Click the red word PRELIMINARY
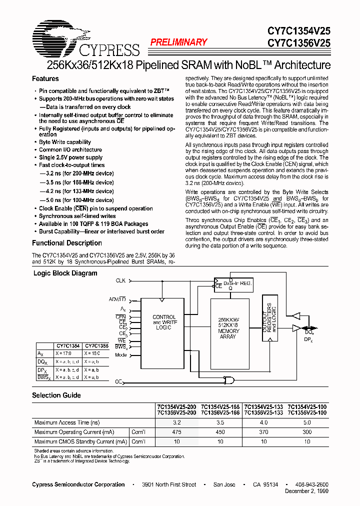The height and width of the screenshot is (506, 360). click(178, 42)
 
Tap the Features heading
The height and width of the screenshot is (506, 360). click(45, 78)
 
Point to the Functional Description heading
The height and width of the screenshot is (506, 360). click(67, 243)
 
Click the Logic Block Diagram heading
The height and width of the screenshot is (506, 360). click(65, 273)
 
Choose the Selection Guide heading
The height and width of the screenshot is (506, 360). click(56, 395)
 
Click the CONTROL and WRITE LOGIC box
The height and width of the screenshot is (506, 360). click(163, 322)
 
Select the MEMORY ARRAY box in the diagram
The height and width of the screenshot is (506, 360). click(229, 328)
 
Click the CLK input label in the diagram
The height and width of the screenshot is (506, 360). click(120, 281)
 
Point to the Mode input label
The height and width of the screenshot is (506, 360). click(120, 354)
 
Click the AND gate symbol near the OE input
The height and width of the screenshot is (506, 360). click(229, 381)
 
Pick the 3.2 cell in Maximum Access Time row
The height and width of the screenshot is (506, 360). click(176, 422)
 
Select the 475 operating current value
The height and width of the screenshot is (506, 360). click(176, 432)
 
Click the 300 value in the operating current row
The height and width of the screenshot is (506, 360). click(307, 432)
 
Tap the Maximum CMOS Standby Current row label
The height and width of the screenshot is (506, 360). click(80, 441)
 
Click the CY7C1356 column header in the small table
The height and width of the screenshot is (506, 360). click(96, 345)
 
